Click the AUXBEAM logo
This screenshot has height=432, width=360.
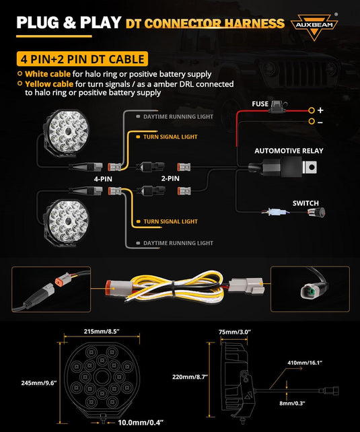click(314, 27)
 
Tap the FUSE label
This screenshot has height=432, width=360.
click(260, 103)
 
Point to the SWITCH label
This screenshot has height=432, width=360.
click(305, 203)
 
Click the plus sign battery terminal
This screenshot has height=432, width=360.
click(320, 110)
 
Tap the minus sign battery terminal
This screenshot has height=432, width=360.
click(320, 122)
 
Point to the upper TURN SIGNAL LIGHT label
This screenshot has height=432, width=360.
click(170, 137)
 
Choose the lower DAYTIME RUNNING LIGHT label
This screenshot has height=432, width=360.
click(178, 243)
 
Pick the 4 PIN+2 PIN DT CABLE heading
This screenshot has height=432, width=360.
click(83, 59)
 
